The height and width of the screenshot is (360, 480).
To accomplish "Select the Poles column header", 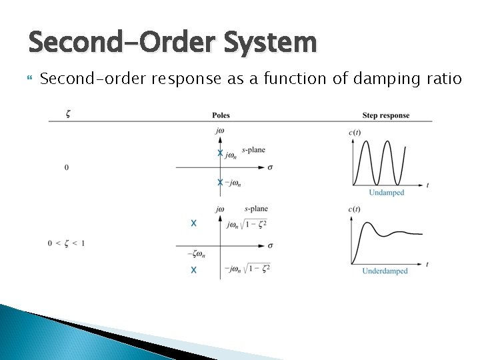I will (x=221, y=115).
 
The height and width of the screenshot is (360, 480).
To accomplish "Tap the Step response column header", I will (x=385, y=115).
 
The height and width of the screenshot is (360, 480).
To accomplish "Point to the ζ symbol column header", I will (x=69, y=114).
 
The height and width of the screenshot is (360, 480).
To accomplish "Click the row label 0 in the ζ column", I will (x=66, y=167).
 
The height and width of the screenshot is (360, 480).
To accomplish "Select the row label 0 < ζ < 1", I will (x=66, y=243).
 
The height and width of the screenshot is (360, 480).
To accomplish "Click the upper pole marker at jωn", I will (x=220, y=153).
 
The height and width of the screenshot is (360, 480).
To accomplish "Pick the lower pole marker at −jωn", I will (x=220, y=182).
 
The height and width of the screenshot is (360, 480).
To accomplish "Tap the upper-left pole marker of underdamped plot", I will (x=193, y=223).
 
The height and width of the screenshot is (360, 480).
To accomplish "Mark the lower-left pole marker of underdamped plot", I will (x=193, y=270).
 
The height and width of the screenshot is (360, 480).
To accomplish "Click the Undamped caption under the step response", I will (x=387, y=193).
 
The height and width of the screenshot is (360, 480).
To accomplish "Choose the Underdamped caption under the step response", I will (x=385, y=271).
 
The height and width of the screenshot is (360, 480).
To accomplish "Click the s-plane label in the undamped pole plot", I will (x=253, y=150).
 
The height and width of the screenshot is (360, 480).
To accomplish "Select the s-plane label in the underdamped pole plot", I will (x=256, y=209).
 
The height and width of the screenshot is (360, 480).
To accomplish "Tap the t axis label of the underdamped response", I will (x=427, y=264).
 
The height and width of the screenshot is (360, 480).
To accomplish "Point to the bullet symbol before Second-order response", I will (x=29, y=79).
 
